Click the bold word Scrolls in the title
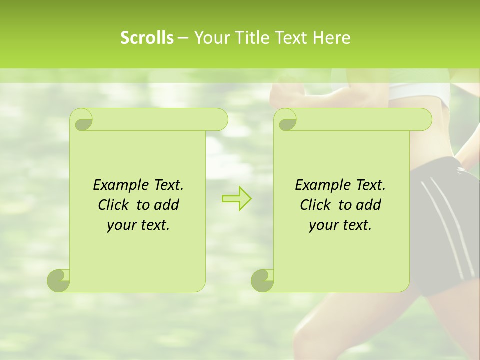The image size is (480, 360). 147,38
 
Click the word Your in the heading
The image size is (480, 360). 209,38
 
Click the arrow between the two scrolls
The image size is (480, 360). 236,198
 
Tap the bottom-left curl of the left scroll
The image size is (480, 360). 58,280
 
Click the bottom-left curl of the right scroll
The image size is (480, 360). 262,280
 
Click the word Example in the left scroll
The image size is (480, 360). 119,185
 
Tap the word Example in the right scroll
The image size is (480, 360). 321,185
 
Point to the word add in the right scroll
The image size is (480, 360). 368,205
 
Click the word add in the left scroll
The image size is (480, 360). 166,205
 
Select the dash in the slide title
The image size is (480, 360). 183,38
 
